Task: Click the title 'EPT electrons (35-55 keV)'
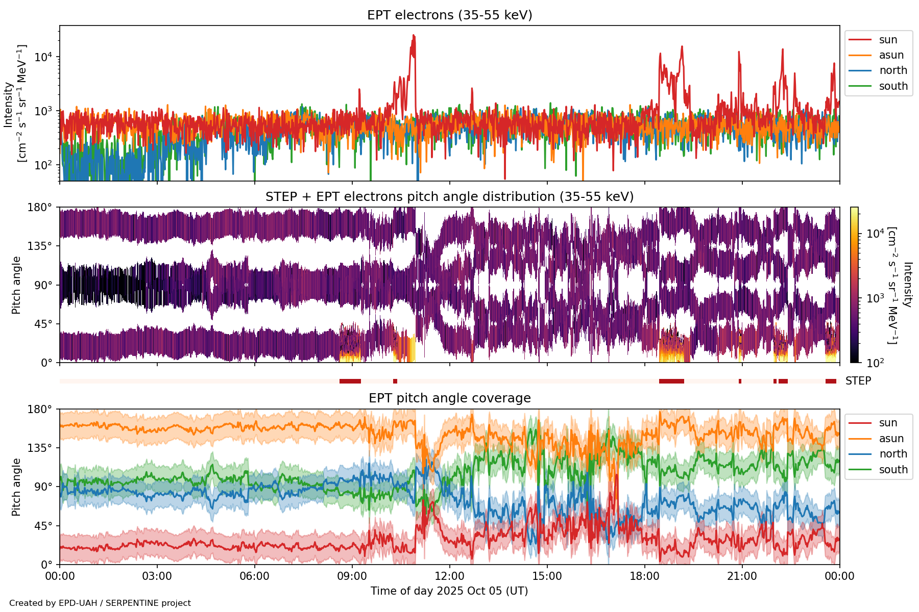(x=449, y=15)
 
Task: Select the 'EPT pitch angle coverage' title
(x=449, y=398)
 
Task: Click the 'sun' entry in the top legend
(x=888, y=40)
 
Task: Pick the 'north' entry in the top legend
(x=893, y=70)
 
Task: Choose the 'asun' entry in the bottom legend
(x=891, y=439)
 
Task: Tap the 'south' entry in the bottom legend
(x=893, y=470)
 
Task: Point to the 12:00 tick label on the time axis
(x=449, y=577)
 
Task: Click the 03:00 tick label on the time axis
(x=157, y=577)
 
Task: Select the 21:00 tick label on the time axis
(x=742, y=577)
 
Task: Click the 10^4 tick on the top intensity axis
(x=43, y=57)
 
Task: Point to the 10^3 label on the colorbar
(x=875, y=298)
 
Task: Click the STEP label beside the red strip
(x=858, y=381)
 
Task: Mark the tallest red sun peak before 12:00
(x=414, y=36)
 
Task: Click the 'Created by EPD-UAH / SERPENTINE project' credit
(x=100, y=603)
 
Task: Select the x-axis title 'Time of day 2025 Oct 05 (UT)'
(x=449, y=591)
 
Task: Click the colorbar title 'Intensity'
(x=907, y=285)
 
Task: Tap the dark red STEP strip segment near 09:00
(x=350, y=381)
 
